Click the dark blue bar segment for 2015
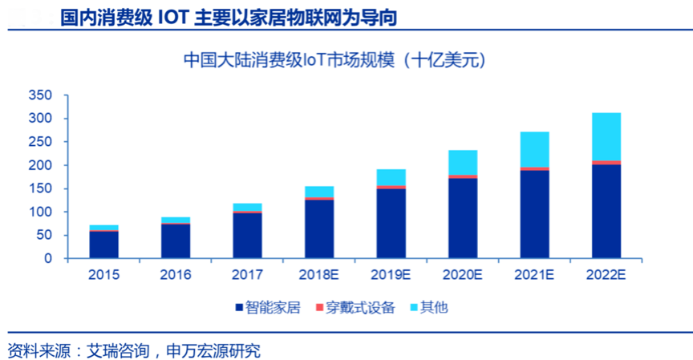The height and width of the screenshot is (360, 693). [x=104, y=245]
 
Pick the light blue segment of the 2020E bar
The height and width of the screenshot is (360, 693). [x=463, y=162]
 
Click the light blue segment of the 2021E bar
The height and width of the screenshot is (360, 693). [x=534, y=149]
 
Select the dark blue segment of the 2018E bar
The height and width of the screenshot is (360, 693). [x=319, y=229]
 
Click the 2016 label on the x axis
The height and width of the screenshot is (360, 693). [x=176, y=275]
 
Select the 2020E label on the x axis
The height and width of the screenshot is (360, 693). [x=462, y=275]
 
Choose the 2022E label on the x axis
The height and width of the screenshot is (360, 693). [x=606, y=275]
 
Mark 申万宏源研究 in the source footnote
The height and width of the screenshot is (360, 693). [x=213, y=350]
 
